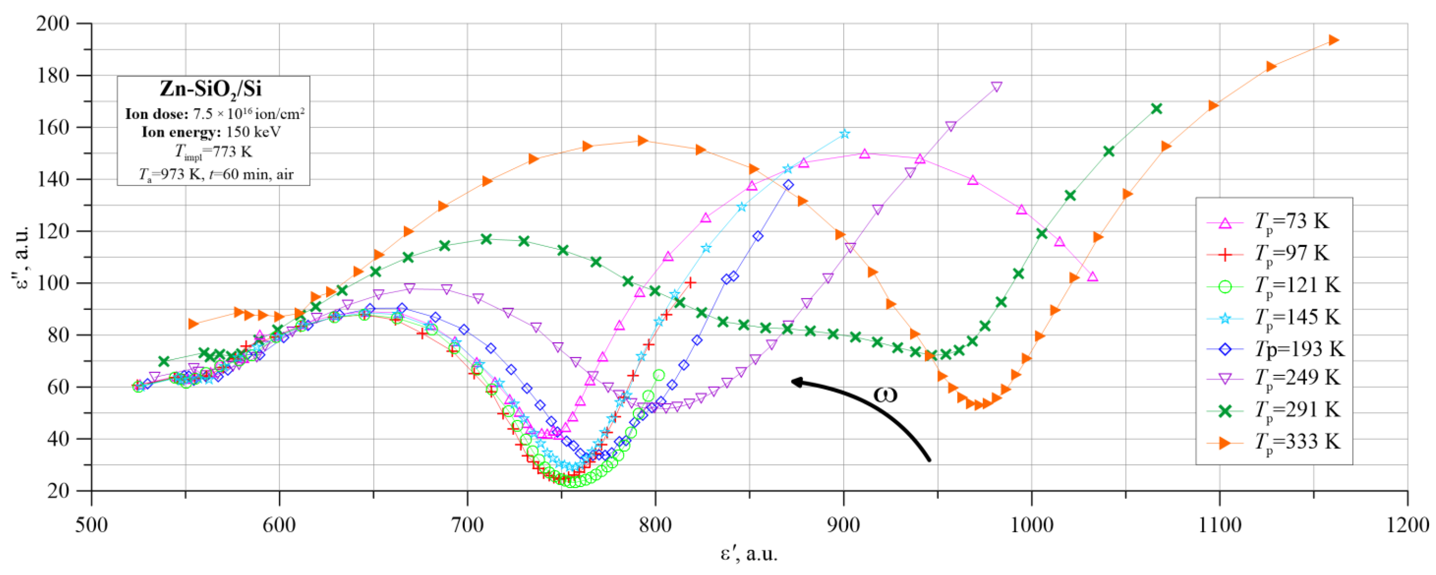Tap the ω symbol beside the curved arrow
(x=885, y=394)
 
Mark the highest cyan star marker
(x=844, y=134)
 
